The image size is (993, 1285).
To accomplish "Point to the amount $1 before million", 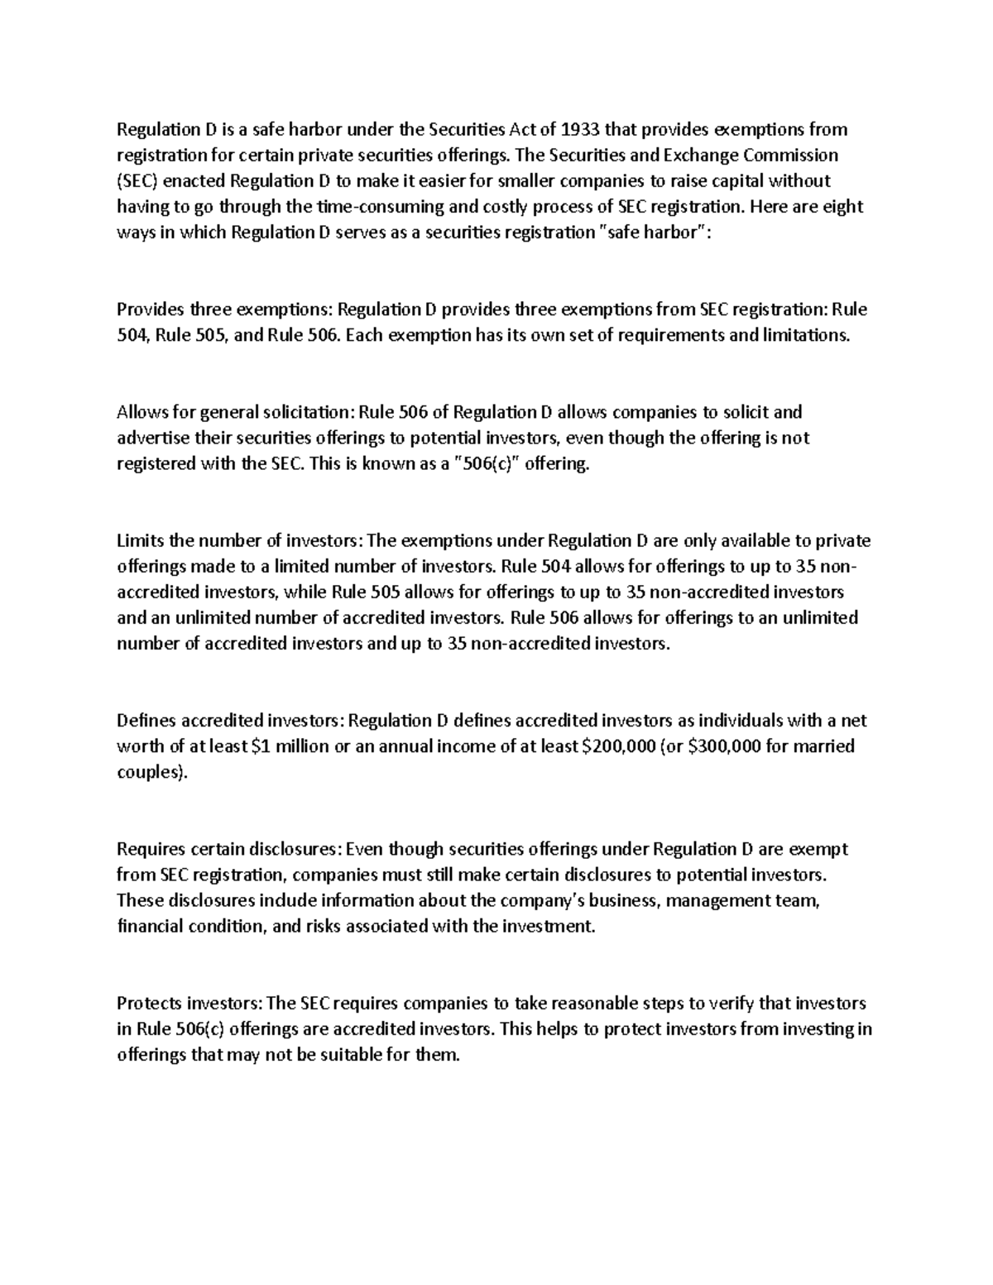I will tap(260, 746).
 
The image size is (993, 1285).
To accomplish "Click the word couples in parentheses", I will tap(148, 773).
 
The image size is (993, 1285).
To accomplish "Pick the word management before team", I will tap(726, 900).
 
